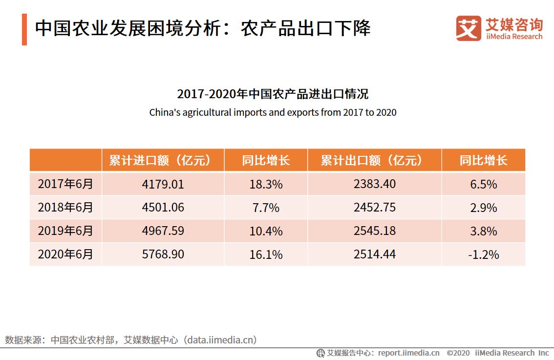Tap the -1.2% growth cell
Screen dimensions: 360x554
click(484, 254)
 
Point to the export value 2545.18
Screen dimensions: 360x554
click(375, 231)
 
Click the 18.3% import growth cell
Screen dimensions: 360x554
click(266, 184)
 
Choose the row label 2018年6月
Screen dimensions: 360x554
click(65, 208)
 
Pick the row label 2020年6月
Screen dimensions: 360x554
click(65, 254)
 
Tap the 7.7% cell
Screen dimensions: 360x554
click(266, 208)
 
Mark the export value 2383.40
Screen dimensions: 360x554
click(375, 184)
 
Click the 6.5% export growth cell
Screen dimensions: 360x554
click(484, 184)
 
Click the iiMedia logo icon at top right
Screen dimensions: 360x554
click(469, 28)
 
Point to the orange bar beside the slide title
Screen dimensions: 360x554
click(24, 30)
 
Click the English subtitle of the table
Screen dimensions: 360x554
click(273, 112)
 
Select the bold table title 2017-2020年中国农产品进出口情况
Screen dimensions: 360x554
click(273, 94)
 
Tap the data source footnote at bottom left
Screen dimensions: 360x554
click(131, 340)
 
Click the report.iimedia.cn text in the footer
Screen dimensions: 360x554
click(408, 353)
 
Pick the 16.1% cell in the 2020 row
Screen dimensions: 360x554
click(266, 254)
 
